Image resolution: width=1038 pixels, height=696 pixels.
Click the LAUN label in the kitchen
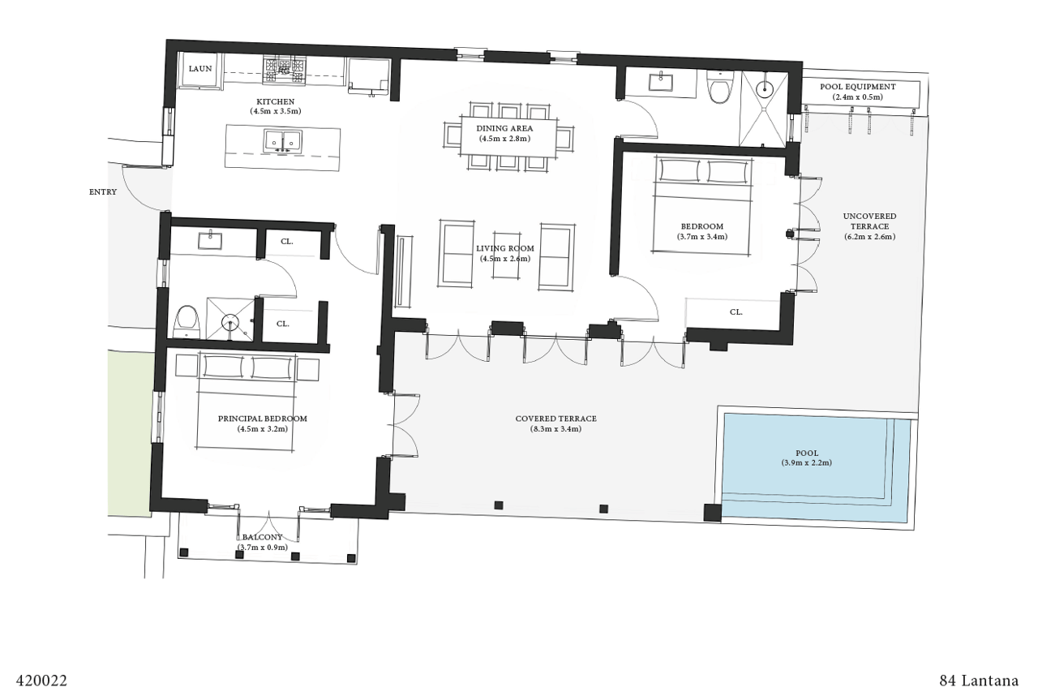pyautogui.click(x=200, y=69)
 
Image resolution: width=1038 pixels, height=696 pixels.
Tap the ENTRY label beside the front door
pyautogui.click(x=103, y=192)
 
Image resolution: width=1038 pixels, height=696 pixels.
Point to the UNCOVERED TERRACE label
pyautogui.click(x=869, y=221)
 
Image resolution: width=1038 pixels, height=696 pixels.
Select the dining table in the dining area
pyautogui.click(x=508, y=134)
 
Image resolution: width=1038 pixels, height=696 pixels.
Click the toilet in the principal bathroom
pyautogui.click(x=187, y=321)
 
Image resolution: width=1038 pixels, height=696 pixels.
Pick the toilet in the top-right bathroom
pyautogui.click(x=720, y=87)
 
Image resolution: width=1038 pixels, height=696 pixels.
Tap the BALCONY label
pyautogui.click(x=262, y=538)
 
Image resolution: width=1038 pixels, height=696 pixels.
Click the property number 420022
pyautogui.click(x=41, y=680)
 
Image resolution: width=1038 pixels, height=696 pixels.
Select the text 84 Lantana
pyautogui.click(x=978, y=680)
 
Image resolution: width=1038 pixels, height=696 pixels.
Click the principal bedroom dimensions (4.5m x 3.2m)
pyautogui.click(x=263, y=428)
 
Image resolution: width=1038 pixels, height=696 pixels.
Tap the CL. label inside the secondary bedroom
pyautogui.click(x=736, y=311)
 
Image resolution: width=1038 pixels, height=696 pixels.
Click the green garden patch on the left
pyautogui.click(x=130, y=434)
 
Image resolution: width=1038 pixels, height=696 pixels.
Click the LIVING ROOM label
pyautogui.click(x=504, y=249)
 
